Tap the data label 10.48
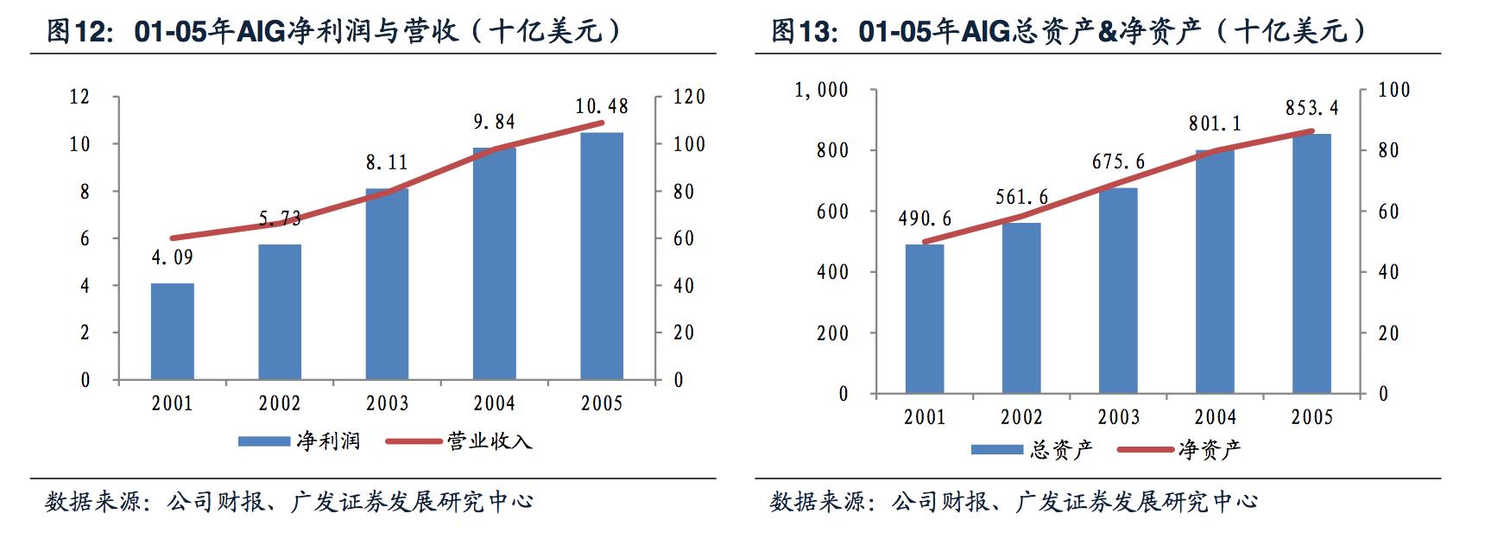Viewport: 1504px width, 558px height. click(x=602, y=106)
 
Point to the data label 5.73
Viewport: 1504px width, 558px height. click(x=280, y=219)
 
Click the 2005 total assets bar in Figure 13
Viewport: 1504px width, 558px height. click(x=1311, y=263)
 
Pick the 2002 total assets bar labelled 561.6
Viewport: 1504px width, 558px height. click(x=1021, y=308)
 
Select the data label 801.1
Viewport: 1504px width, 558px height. click(x=1215, y=124)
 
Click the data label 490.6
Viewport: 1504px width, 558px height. click(x=925, y=219)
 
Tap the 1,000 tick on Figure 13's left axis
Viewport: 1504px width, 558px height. click(x=821, y=90)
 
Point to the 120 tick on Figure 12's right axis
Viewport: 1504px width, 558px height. click(x=689, y=97)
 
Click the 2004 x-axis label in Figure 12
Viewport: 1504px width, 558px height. click(x=494, y=403)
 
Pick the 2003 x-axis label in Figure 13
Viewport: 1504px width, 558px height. click(x=1118, y=417)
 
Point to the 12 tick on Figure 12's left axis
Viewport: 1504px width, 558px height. click(x=79, y=97)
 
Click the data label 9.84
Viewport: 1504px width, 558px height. click(x=494, y=123)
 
